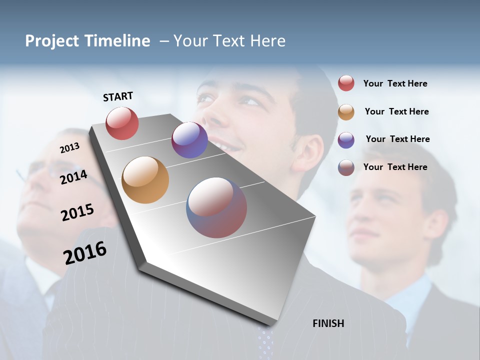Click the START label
118,96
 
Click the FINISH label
328,323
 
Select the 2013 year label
69,148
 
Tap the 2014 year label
73,177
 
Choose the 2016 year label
85,253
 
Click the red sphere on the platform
122,123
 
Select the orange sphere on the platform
145,180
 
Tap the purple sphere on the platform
189,140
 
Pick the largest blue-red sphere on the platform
216,207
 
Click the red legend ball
346,83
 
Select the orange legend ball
346,112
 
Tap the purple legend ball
346,140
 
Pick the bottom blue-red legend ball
346,167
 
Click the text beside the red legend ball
395,83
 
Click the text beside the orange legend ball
396,111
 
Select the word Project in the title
52,41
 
